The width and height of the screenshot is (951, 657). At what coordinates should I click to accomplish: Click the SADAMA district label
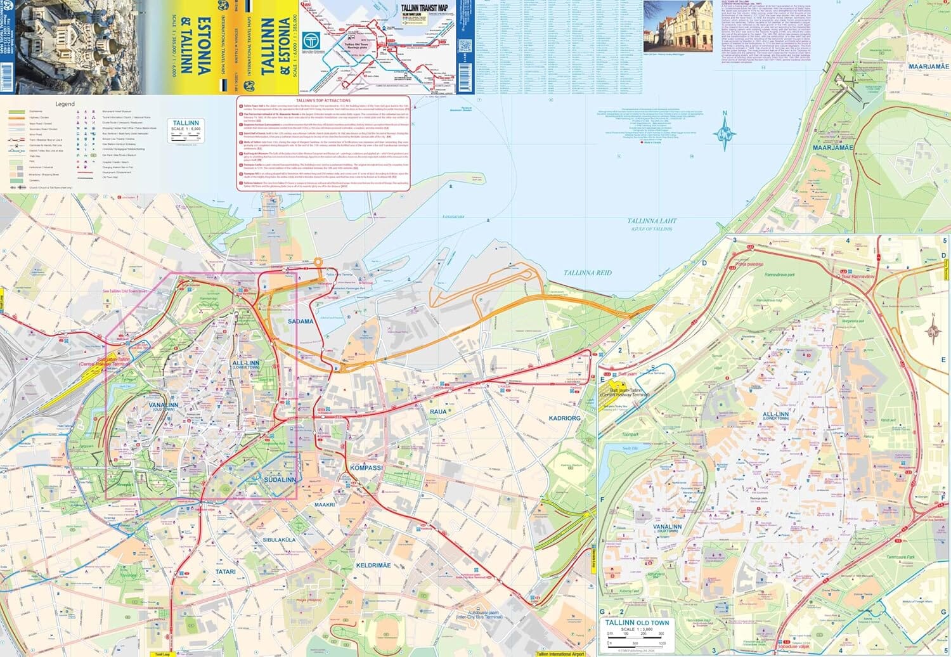301,322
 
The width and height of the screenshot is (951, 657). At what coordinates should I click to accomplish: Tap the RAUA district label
438,412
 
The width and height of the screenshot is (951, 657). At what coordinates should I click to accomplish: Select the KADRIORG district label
564,419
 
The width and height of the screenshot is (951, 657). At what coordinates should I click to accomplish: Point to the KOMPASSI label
366,467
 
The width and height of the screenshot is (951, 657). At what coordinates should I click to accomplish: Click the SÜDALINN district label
280,480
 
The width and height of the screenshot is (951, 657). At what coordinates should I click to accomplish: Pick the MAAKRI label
325,505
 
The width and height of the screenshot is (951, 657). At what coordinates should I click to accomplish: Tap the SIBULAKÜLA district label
279,540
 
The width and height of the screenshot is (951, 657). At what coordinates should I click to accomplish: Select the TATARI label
225,571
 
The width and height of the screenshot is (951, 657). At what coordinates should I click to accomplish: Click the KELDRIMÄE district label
373,565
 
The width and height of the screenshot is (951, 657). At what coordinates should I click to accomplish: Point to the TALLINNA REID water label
588,273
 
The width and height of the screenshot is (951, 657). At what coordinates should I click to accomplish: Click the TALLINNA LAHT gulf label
652,221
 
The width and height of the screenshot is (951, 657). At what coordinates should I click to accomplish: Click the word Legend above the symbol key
65,104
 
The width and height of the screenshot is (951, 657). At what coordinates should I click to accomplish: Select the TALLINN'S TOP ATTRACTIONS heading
323,100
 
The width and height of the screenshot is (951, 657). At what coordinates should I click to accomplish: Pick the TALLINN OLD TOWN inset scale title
637,622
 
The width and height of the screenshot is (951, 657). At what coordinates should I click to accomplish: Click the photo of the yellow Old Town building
678,26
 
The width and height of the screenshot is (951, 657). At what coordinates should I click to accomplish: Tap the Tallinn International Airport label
560,653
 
